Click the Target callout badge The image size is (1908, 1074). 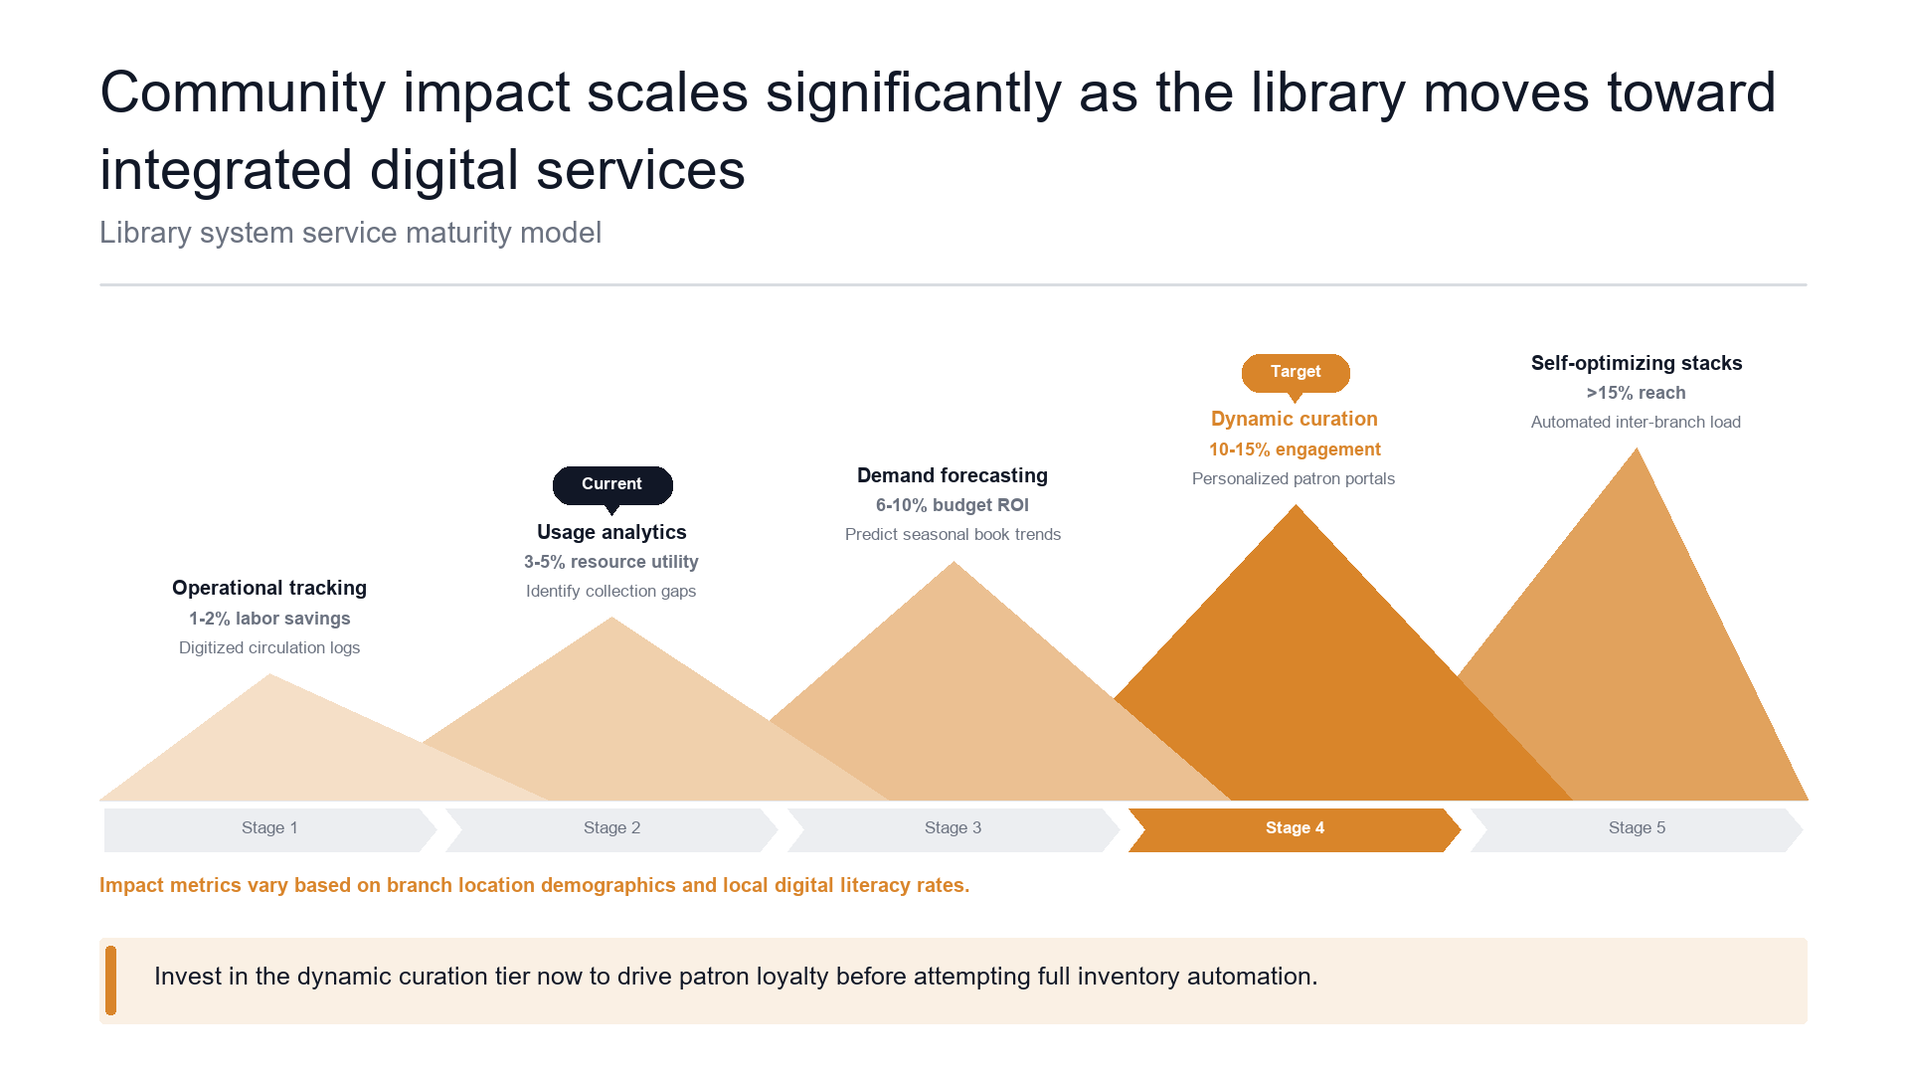pos(1296,374)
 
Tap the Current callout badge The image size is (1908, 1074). pos(612,485)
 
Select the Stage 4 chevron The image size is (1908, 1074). pos(1295,829)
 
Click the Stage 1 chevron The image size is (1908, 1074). pos(270,829)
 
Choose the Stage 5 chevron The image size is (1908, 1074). pos(1637,829)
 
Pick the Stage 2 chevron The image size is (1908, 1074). pos(611,829)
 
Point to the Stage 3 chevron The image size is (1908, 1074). pos(954,829)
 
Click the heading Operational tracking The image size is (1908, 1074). pos(269,588)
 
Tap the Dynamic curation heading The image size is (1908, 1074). pos(1295,419)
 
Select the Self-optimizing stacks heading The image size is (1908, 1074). pos(1637,363)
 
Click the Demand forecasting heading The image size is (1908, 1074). pos(953,475)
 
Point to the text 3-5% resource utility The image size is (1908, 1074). pos(611,562)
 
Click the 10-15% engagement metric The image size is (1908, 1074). pos(1295,449)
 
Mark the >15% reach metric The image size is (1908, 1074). pos(1637,393)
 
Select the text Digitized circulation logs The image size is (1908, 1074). pos(269,647)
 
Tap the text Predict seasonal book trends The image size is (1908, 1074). pos(953,534)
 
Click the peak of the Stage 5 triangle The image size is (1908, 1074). pos(1637,448)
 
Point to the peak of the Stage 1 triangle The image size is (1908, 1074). pos(270,674)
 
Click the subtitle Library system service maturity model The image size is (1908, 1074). pos(351,233)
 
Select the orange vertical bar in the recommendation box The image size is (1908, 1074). pos(110,981)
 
